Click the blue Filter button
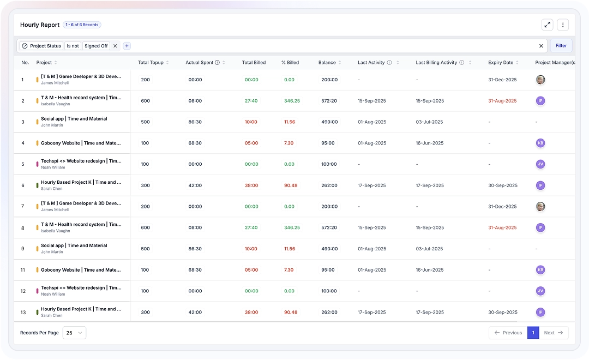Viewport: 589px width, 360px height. point(561,46)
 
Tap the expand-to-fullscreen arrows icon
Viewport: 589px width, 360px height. point(548,25)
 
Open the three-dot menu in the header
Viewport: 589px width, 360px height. point(563,25)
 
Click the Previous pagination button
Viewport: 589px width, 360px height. point(508,333)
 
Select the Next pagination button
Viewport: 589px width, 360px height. point(554,333)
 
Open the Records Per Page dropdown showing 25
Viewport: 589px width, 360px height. point(74,333)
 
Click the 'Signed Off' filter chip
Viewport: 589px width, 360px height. point(96,46)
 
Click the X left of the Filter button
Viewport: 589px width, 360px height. point(541,46)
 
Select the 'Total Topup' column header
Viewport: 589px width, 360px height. point(151,63)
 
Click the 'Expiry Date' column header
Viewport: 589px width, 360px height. point(501,63)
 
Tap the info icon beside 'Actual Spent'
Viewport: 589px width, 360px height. point(217,63)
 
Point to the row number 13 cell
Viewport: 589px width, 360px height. point(23,313)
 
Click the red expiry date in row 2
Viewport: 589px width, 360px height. point(502,101)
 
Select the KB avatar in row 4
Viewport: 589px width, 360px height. point(540,143)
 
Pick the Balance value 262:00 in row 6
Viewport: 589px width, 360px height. point(329,185)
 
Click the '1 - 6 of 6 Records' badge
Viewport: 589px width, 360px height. point(82,25)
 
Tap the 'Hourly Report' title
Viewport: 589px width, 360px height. point(40,25)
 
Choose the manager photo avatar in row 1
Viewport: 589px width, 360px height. point(540,80)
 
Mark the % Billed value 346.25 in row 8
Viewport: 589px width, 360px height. point(292,227)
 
